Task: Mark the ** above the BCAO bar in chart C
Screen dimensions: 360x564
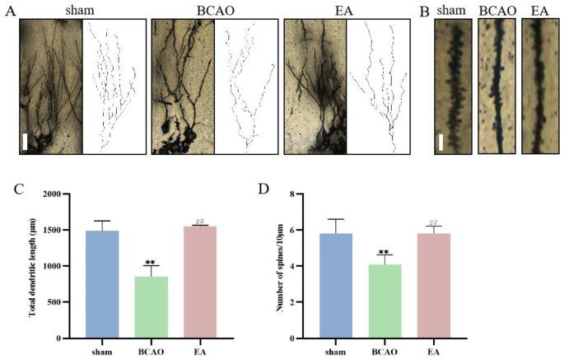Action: [150, 263]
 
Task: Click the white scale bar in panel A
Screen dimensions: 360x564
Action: [26, 140]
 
